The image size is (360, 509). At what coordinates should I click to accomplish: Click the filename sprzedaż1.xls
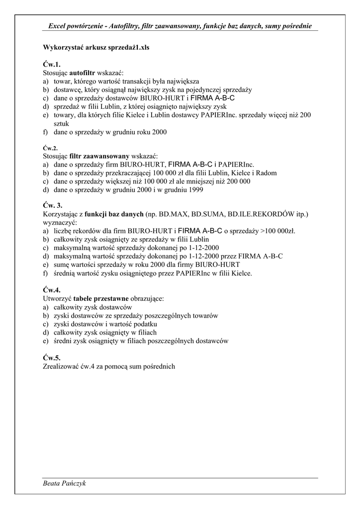(126, 48)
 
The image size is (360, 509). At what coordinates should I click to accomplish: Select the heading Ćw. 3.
(52, 205)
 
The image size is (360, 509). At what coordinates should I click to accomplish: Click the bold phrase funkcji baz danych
(114, 214)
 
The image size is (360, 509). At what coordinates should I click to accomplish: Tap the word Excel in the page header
(59, 25)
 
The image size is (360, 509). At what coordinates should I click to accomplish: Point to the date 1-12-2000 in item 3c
(199, 248)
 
